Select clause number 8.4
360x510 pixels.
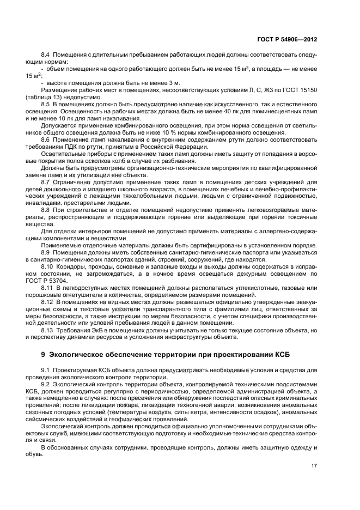[x=46, y=55]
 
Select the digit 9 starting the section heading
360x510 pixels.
[x=43, y=356]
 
